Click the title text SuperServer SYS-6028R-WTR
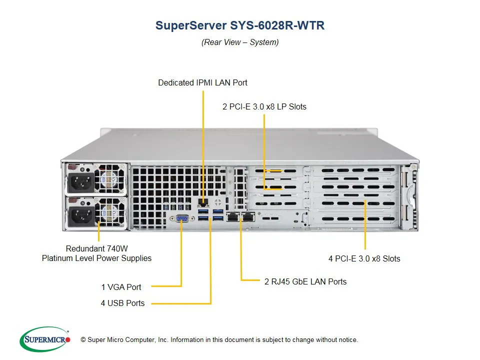[x=240, y=25]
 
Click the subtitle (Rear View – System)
[x=240, y=42]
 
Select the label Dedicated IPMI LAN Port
[x=202, y=82]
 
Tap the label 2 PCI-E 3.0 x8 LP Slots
[x=264, y=106]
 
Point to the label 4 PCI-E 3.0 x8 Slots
[x=364, y=258]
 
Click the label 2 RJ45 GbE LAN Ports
[x=305, y=281]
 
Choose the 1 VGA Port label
[x=121, y=287]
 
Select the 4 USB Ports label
[x=122, y=303]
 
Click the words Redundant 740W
[x=96, y=248]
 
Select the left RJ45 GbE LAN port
[x=233, y=217]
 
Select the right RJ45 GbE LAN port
[x=247, y=217]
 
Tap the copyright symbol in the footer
[x=83, y=340]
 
